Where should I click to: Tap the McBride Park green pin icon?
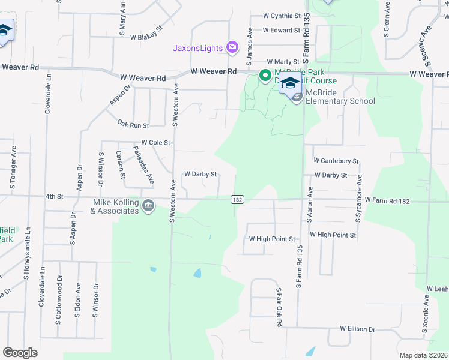(x=264, y=76)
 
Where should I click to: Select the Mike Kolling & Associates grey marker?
(x=148, y=206)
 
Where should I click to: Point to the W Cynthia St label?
(x=282, y=16)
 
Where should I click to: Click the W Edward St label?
(x=281, y=30)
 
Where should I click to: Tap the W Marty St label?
(x=283, y=62)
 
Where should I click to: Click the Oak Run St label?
(x=133, y=125)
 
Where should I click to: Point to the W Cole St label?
(x=156, y=143)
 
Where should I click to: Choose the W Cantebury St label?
(x=336, y=161)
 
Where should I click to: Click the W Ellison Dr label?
(x=357, y=329)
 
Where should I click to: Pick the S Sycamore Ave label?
(x=360, y=199)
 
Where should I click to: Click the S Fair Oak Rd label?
(x=279, y=307)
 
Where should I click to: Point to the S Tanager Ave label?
(x=12, y=174)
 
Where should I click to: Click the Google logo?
(x=20, y=353)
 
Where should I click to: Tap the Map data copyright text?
(x=424, y=355)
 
